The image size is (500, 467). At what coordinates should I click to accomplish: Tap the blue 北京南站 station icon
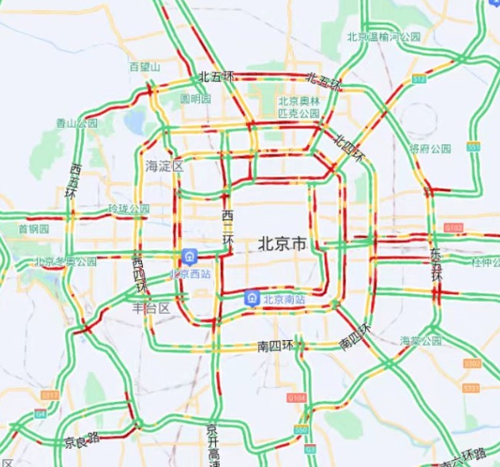coord(251,298)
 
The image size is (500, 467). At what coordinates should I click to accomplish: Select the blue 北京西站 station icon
coord(190,257)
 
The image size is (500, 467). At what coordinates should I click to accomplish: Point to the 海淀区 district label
coord(164,166)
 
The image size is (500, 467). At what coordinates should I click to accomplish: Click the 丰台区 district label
coord(151,308)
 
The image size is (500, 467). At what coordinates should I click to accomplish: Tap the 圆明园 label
coord(195,99)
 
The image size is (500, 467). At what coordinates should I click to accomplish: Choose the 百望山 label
coord(144,67)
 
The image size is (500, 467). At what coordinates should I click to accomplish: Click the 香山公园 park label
coord(76,123)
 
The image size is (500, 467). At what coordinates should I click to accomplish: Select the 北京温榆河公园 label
coord(383,37)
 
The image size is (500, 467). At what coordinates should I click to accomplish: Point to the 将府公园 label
coord(430,148)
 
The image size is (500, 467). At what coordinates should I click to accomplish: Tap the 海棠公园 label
coord(421,340)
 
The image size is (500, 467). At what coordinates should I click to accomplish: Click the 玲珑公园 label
coord(129,209)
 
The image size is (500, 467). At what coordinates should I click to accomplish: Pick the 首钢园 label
coord(33,228)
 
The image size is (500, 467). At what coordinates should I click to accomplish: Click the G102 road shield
coord(453,228)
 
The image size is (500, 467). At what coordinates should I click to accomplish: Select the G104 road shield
coord(296,396)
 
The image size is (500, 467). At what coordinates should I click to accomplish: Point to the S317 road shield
coord(49,394)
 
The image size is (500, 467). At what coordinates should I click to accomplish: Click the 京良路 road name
coord(82,440)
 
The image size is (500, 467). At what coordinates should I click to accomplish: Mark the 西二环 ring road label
coord(228,228)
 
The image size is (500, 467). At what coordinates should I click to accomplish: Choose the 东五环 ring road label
coord(437,265)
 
